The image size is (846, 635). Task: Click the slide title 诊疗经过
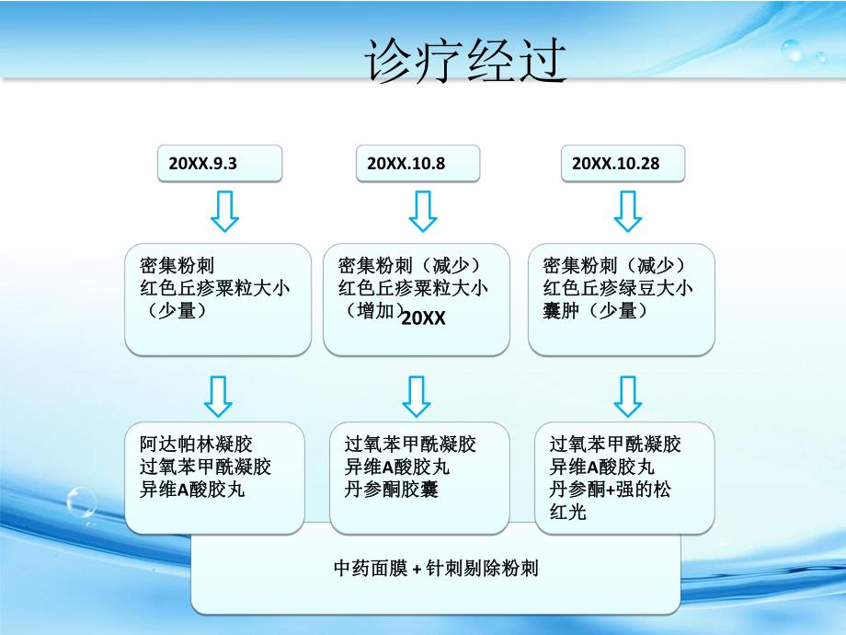pos(463,62)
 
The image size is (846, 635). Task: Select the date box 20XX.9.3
pos(219,164)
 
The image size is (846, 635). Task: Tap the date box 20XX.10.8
pos(417,164)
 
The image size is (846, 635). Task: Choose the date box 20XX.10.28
pos(622,164)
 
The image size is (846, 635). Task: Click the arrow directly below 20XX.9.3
pos(224,211)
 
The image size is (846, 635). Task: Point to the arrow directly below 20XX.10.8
pos(422,211)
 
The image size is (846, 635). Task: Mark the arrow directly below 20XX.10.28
pos(628,211)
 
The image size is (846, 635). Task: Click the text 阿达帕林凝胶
pos(189,444)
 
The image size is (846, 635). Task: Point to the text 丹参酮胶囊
pos(393,490)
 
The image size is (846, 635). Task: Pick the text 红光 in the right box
pos(567,512)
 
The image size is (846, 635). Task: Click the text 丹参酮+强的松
pos(610,490)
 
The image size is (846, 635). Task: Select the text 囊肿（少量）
pos(596,311)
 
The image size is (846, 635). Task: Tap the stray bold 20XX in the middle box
pos(424,317)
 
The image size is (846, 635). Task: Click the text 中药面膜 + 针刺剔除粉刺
pos(436,568)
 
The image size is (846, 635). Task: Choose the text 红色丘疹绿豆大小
pos(618,288)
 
